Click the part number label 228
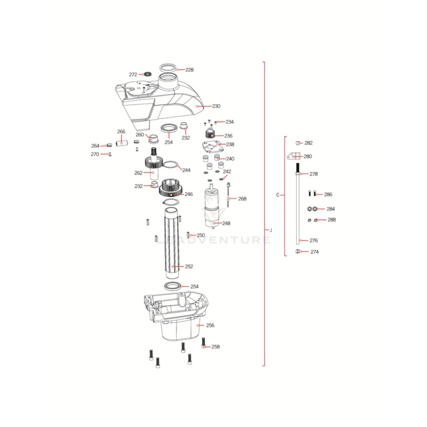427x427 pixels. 189,70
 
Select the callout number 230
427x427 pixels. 216,106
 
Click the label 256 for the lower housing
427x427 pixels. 210,325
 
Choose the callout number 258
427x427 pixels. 216,347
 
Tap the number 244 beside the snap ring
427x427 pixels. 186,170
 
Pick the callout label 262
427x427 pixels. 138,173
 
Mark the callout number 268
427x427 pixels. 242,199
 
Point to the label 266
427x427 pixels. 121,132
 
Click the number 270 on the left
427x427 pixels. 95,154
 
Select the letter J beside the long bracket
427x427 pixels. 271,230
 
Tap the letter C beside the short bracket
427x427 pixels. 278,195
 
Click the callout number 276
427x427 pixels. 314,241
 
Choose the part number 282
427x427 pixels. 309,143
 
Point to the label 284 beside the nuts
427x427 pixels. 331,209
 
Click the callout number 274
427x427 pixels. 314,252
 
